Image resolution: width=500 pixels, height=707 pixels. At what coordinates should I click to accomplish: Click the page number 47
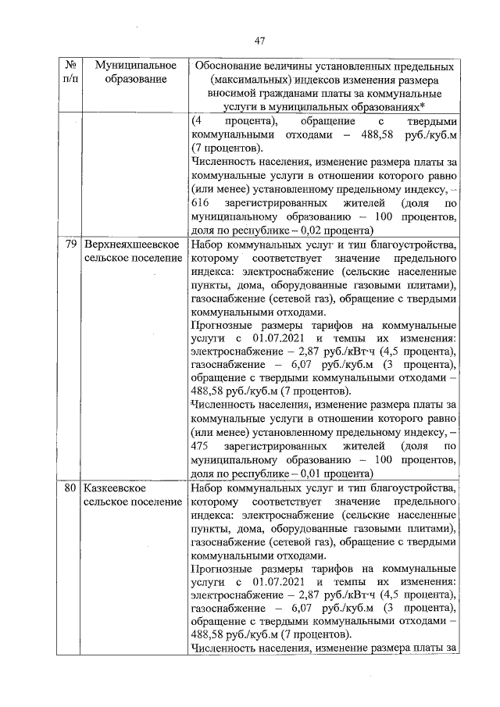261,41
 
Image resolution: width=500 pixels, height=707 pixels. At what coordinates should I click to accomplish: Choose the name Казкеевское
119,487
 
